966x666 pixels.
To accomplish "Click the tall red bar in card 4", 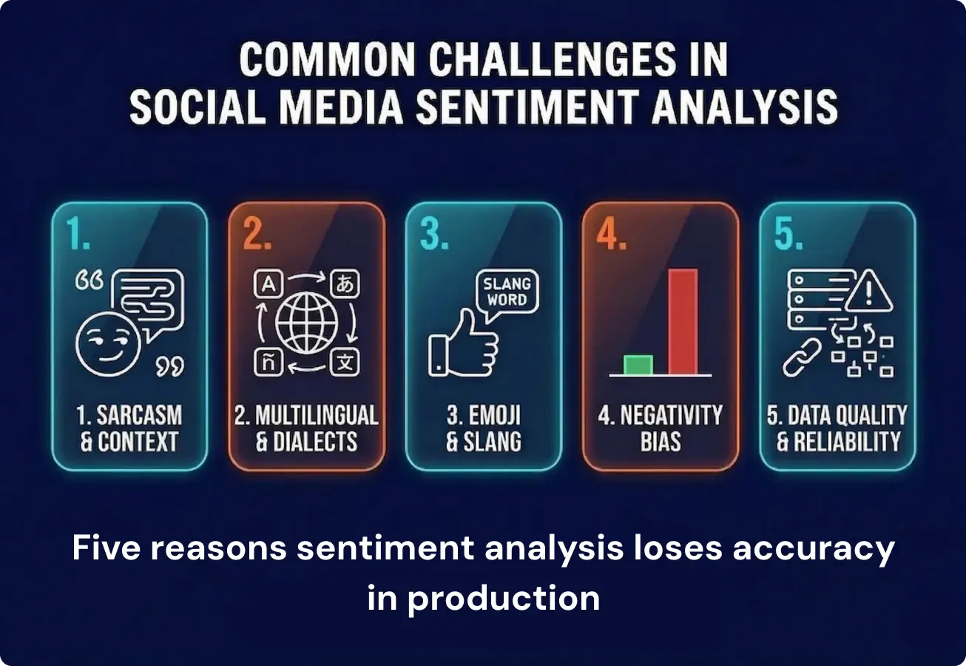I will pos(683,321).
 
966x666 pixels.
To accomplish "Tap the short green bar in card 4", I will pos(638,365).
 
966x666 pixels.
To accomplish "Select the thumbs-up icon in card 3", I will pos(464,345).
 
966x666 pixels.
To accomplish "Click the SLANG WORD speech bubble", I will pos(506,292).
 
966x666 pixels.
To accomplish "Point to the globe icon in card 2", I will pos(306,324).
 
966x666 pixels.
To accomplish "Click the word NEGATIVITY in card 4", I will pos(669,415).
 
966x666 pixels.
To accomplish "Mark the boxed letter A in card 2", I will pos(264,283).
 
